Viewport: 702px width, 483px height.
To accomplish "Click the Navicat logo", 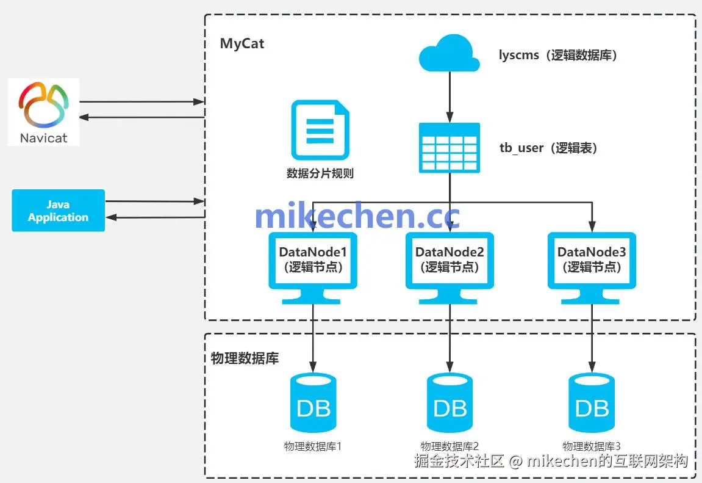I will (x=43, y=112).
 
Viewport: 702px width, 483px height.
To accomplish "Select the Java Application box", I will (x=59, y=211).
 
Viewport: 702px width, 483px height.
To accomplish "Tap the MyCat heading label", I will (x=242, y=44).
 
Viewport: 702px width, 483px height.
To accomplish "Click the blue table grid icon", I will (x=449, y=147).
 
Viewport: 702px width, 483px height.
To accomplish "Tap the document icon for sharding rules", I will (x=320, y=131).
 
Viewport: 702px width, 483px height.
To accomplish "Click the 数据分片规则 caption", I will (x=320, y=173).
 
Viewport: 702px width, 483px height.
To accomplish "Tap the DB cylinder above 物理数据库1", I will (x=313, y=402).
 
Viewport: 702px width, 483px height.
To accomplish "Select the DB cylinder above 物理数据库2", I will (x=450, y=402).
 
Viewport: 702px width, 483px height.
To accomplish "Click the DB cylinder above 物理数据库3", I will (x=592, y=402).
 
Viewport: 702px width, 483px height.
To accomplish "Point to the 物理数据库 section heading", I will (x=245, y=358).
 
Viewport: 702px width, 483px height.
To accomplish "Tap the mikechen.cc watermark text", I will (x=357, y=216).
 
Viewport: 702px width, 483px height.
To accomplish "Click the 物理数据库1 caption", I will (x=313, y=446).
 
